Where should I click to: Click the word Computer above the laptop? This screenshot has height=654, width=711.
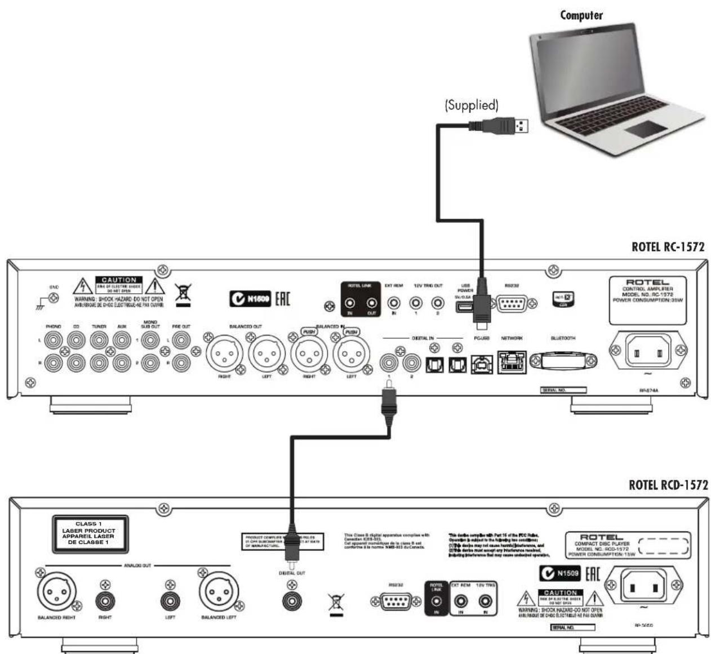(581, 15)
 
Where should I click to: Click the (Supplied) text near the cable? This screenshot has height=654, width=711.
(472, 105)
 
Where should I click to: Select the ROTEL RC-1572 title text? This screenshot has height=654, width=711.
(668, 247)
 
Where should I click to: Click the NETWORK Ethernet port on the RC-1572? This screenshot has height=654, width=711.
(512, 361)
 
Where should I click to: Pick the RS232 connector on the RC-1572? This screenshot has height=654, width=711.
(512, 303)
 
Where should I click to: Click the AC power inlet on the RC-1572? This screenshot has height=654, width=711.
(647, 353)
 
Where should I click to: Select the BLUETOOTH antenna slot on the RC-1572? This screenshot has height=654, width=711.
(562, 360)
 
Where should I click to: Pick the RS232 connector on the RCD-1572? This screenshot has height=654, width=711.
(394, 602)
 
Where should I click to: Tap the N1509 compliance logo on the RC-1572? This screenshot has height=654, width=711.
(251, 299)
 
